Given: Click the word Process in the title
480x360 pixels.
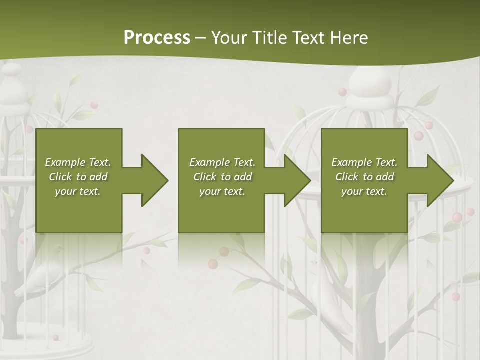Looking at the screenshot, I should [x=157, y=38].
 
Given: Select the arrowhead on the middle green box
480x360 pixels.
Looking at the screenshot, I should [x=296, y=180].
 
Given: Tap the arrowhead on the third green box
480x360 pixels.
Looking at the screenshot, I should [x=439, y=180].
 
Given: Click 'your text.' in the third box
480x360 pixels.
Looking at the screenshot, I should [x=364, y=191].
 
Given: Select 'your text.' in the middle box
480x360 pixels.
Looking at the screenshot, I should [x=222, y=191].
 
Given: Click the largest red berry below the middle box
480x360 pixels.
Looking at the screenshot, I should [x=213, y=264].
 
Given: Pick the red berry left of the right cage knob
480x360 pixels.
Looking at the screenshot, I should [x=342, y=92].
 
